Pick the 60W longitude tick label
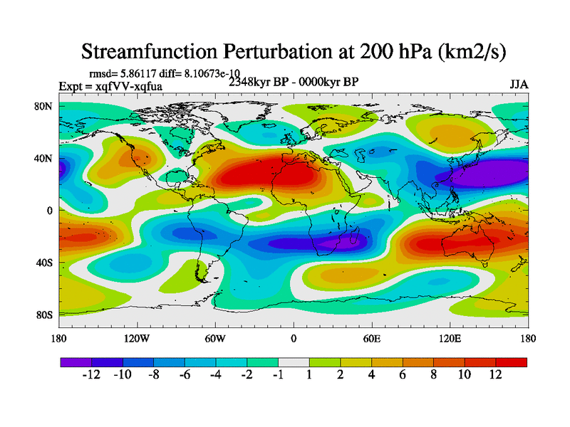pos(214,338)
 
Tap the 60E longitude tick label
pos(371,338)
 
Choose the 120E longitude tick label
pos(450,338)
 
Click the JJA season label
pos(519,85)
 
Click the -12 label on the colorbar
pos(92,375)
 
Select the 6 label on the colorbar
pos(403,375)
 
